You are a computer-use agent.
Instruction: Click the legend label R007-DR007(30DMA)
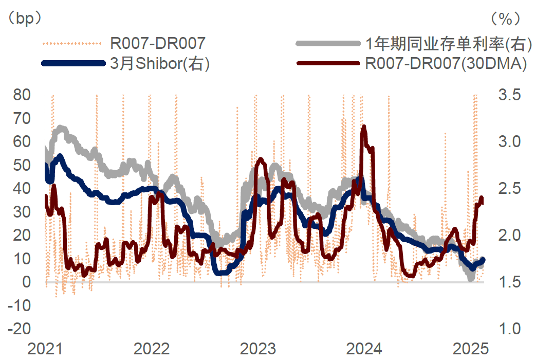tap(446, 63)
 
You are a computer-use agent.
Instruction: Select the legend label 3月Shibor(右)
tap(160, 63)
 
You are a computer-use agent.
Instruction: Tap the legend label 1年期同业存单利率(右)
tap(446, 44)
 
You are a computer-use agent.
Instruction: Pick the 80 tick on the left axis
tap(21, 95)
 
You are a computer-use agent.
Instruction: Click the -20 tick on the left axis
tap(19, 329)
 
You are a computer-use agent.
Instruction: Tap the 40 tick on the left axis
tap(21, 188)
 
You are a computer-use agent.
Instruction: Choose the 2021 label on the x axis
tap(45, 349)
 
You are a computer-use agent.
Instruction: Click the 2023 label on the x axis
tap(259, 349)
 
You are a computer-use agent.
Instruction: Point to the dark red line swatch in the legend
tap(329, 63)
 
